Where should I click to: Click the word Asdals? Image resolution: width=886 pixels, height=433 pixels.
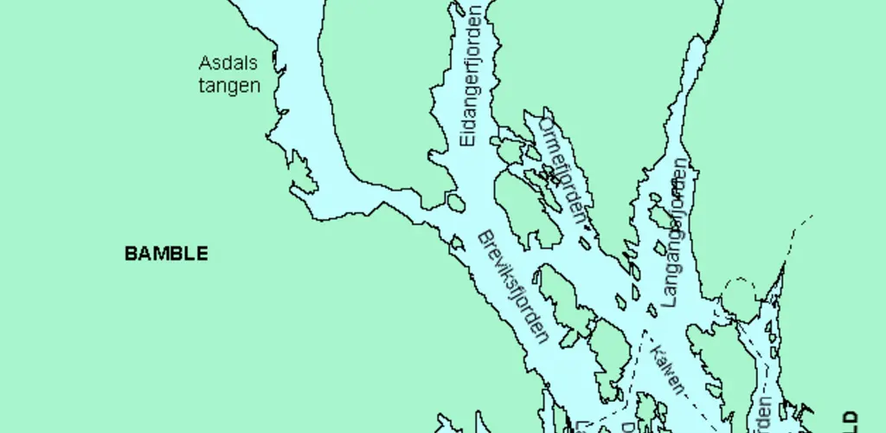pyautogui.click(x=228, y=63)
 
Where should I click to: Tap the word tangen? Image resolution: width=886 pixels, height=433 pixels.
pyautogui.click(x=229, y=86)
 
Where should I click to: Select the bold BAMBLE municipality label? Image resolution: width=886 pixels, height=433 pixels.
pyautogui.click(x=166, y=254)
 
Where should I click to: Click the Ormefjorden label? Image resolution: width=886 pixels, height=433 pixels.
pyautogui.click(x=562, y=170)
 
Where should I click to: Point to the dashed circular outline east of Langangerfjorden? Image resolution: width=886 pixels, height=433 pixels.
pyautogui.click(x=739, y=298)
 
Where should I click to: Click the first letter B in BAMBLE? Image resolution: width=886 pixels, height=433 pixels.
pyautogui.click(x=131, y=254)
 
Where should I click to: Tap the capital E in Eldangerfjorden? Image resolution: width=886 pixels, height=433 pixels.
pyautogui.click(x=467, y=140)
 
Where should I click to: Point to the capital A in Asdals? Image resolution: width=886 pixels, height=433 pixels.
pyautogui.click(x=205, y=63)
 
